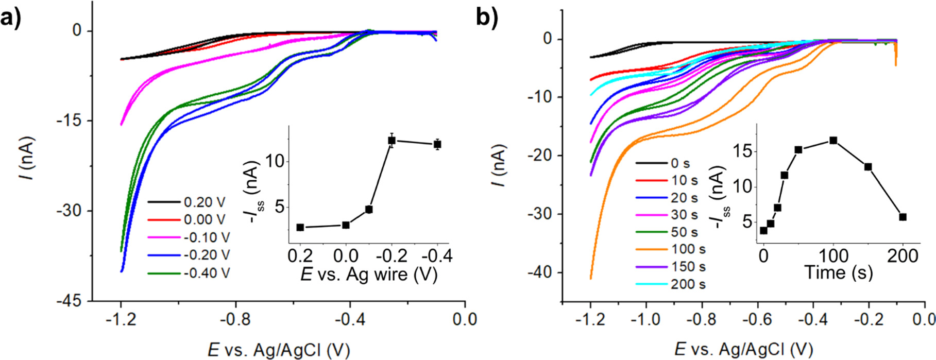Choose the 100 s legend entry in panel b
(x=688, y=250)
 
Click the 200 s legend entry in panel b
(x=688, y=284)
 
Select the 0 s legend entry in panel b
(x=680, y=164)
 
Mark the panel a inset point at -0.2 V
(x=392, y=140)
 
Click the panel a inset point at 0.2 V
(x=300, y=227)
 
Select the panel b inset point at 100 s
(x=833, y=140)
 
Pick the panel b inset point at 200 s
(x=903, y=217)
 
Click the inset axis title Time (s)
(x=839, y=272)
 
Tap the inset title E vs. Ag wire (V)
(x=369, y=274)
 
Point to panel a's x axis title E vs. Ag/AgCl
(x=279, y=350)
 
